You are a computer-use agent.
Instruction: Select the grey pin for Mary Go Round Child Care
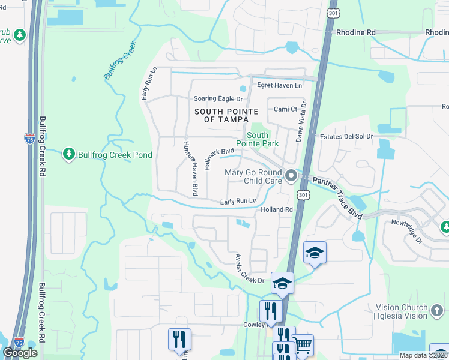coord(292,176)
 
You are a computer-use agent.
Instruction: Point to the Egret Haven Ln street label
coord(279,86)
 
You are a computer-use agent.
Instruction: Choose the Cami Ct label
coord(285,109)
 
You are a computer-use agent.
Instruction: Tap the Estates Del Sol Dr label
coord(346,137)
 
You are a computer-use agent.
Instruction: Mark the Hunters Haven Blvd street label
coord(190,167)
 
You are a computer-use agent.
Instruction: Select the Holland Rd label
coord(276,209)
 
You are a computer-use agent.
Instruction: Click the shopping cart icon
coord(303,345)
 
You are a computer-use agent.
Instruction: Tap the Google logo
coord(20,353)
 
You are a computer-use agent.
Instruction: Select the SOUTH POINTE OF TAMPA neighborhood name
coord(226,115)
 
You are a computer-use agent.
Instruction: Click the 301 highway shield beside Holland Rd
coord(303,195)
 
